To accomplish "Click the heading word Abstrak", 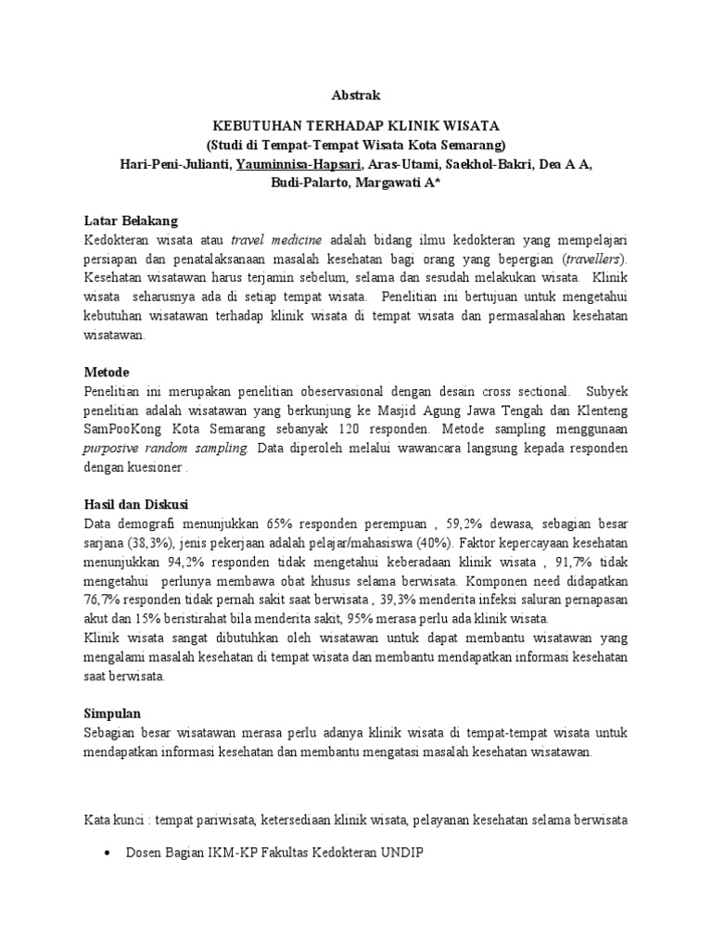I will point(356,95).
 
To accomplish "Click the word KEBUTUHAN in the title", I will point(257,127).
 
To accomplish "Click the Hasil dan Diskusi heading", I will point(135,505).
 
